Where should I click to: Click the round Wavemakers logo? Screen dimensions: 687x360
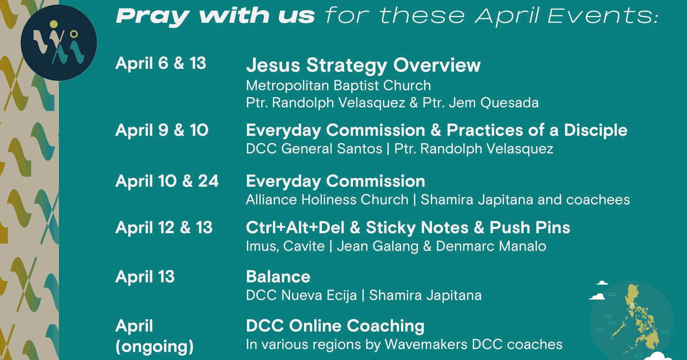[59, 43]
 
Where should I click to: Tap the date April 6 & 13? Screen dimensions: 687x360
[161, 63]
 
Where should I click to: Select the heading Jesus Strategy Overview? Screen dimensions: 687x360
[363, 65]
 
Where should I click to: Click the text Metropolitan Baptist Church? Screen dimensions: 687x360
[338, 86]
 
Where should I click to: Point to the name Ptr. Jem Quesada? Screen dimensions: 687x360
[480, 103]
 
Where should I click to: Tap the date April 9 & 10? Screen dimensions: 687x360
[162, 130]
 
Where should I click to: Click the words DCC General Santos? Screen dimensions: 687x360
[314, 149]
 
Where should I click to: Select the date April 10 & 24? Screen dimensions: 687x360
[167, 181]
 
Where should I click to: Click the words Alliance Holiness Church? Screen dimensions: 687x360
[327, 200]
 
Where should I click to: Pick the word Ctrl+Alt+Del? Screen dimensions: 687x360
[295, 227]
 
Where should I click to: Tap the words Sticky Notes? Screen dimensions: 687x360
[417, 227]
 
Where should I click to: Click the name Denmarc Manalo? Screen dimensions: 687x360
[491, 246]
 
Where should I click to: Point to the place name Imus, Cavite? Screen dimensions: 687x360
[285, 247]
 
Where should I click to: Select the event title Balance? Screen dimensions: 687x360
[278, 277]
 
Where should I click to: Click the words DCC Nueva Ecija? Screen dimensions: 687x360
[301, 296]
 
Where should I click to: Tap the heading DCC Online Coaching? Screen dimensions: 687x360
[335, 326]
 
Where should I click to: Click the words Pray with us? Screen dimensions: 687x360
[215, 16]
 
